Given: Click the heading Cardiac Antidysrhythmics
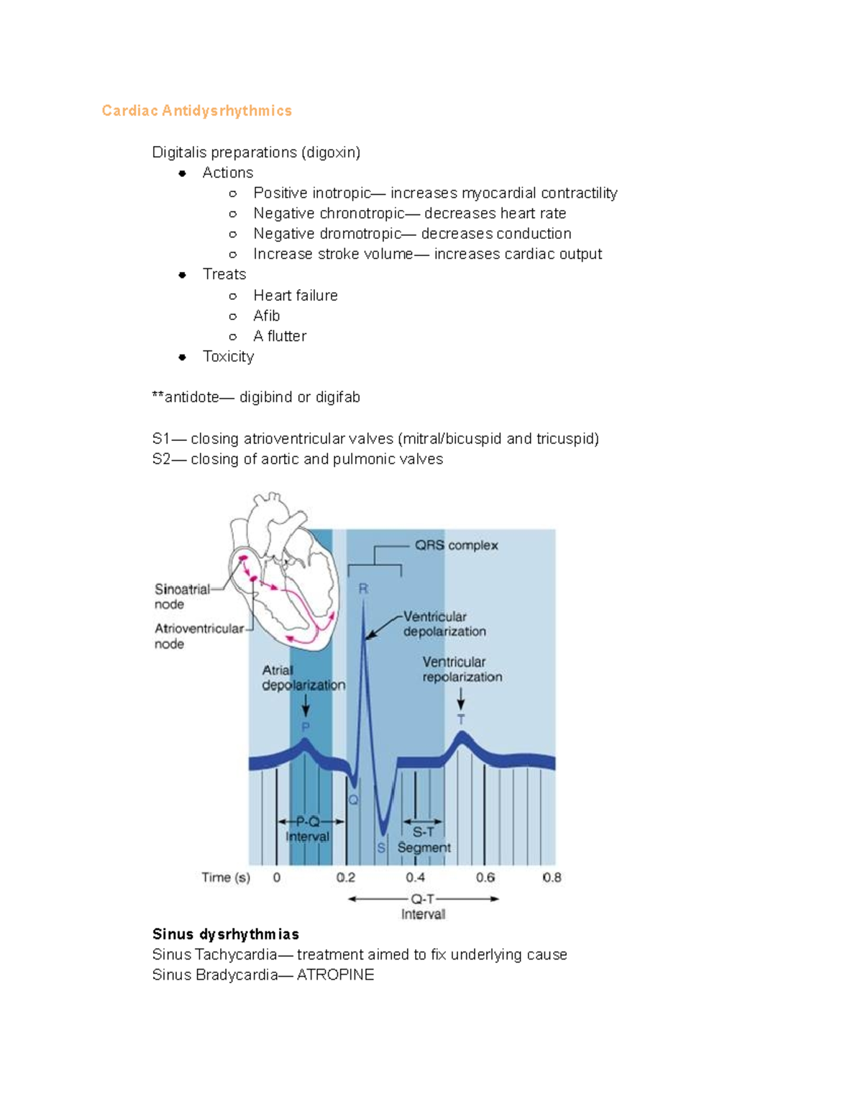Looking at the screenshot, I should point(196,111).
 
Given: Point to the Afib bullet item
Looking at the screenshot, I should point(266,316).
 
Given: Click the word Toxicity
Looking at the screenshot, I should point(228,357).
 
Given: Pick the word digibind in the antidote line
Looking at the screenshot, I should point(265,398).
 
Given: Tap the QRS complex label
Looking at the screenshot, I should point(456,545).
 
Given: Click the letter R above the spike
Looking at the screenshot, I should point(363,588).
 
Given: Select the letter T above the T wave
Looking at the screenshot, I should point(461,719).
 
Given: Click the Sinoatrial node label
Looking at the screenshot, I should point(181,596).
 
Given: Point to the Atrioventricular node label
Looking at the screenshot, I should point(198,636).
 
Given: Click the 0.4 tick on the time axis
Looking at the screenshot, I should point(415,877).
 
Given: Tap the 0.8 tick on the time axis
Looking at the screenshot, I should point(552,877).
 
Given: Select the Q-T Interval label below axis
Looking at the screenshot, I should point(423,906).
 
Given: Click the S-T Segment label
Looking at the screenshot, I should point(424,840).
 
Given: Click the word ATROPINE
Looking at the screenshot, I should point(335,975).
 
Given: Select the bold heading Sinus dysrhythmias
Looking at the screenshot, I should point(225,934).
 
